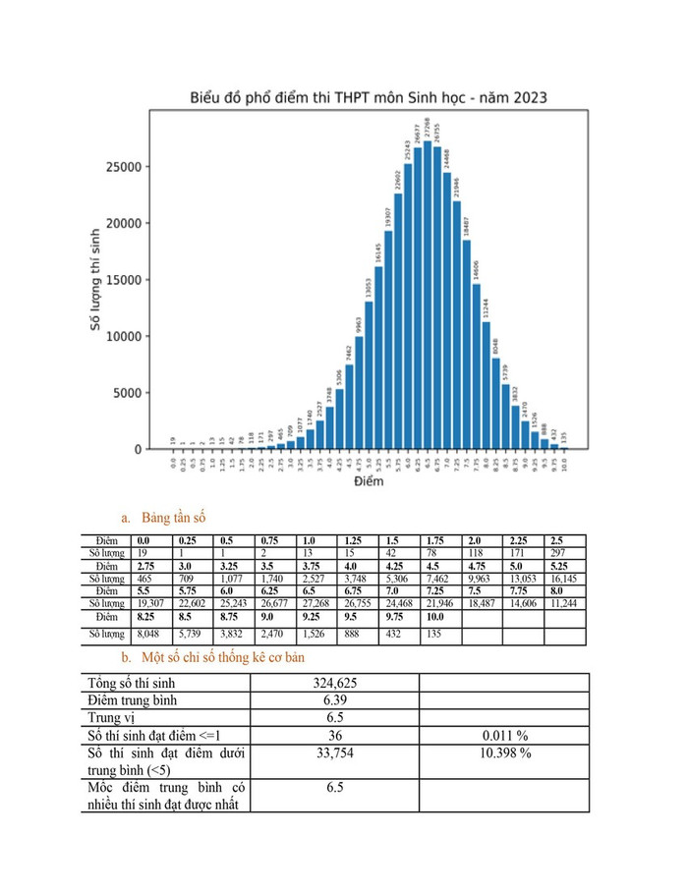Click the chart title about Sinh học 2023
pos(369,98)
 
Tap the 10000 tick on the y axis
pos(126,336)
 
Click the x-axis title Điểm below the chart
pos(369,483)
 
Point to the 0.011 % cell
pos(503,735)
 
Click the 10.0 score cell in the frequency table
pos(439,618)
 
